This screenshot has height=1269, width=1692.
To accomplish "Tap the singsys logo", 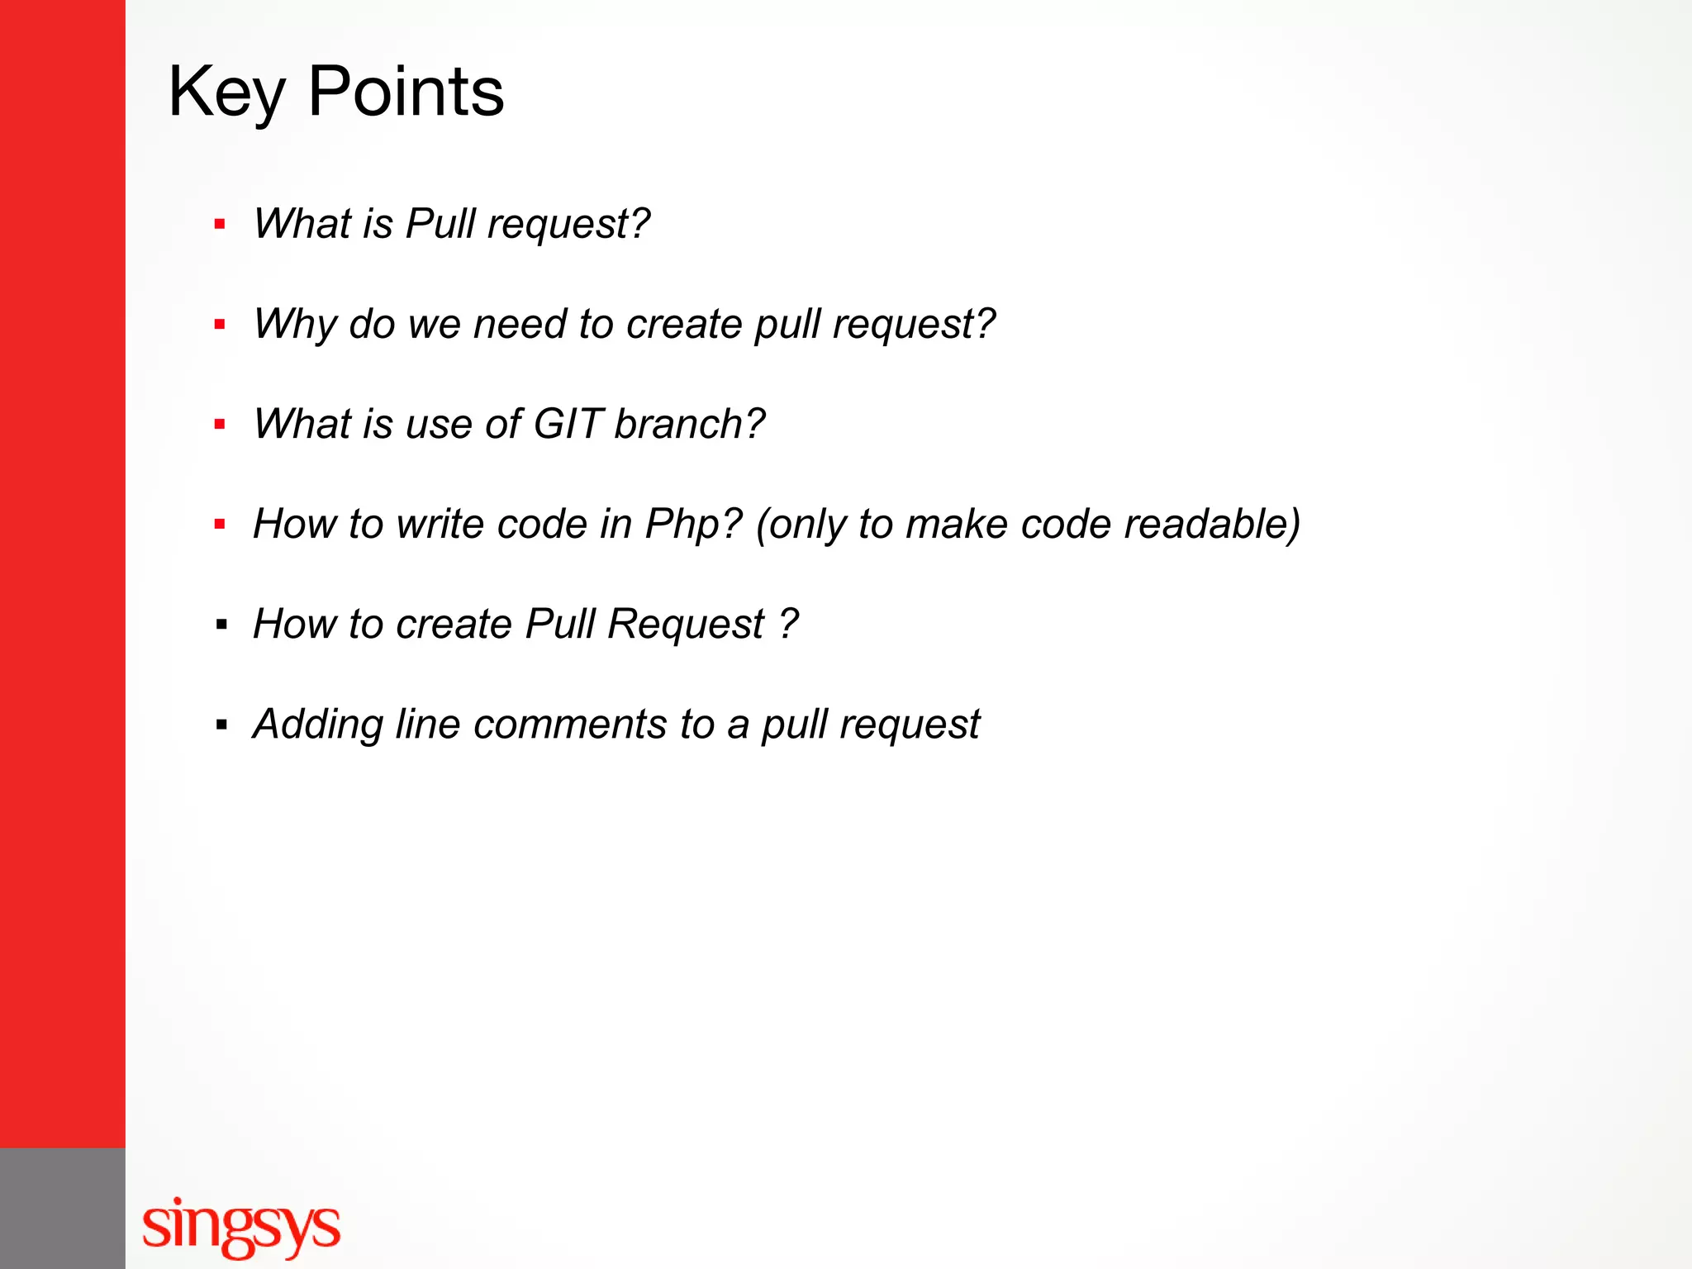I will (x=241, y=1226).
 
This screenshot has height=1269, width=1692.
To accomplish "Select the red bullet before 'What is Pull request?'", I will (x=220, y=224).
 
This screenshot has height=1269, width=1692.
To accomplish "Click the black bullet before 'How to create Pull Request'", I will (x=221, y=625).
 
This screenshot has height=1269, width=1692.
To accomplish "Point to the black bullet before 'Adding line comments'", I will (x=221, y=725).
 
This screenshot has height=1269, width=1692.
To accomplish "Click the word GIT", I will (x=568, y=424).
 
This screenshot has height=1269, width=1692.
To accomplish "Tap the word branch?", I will (x=690, y=424).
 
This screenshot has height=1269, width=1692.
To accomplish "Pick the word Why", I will (x=295, y=325).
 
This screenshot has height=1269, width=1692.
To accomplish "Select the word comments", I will (x=570, y=725).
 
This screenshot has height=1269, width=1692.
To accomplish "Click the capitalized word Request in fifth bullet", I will (x=686, y=625).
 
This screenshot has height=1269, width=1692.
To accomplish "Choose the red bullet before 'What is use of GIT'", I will (x=220, y=425).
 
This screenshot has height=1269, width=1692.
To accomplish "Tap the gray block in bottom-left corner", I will (x=62, y=1208).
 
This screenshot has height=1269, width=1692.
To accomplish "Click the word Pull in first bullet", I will (x=440, y=224).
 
